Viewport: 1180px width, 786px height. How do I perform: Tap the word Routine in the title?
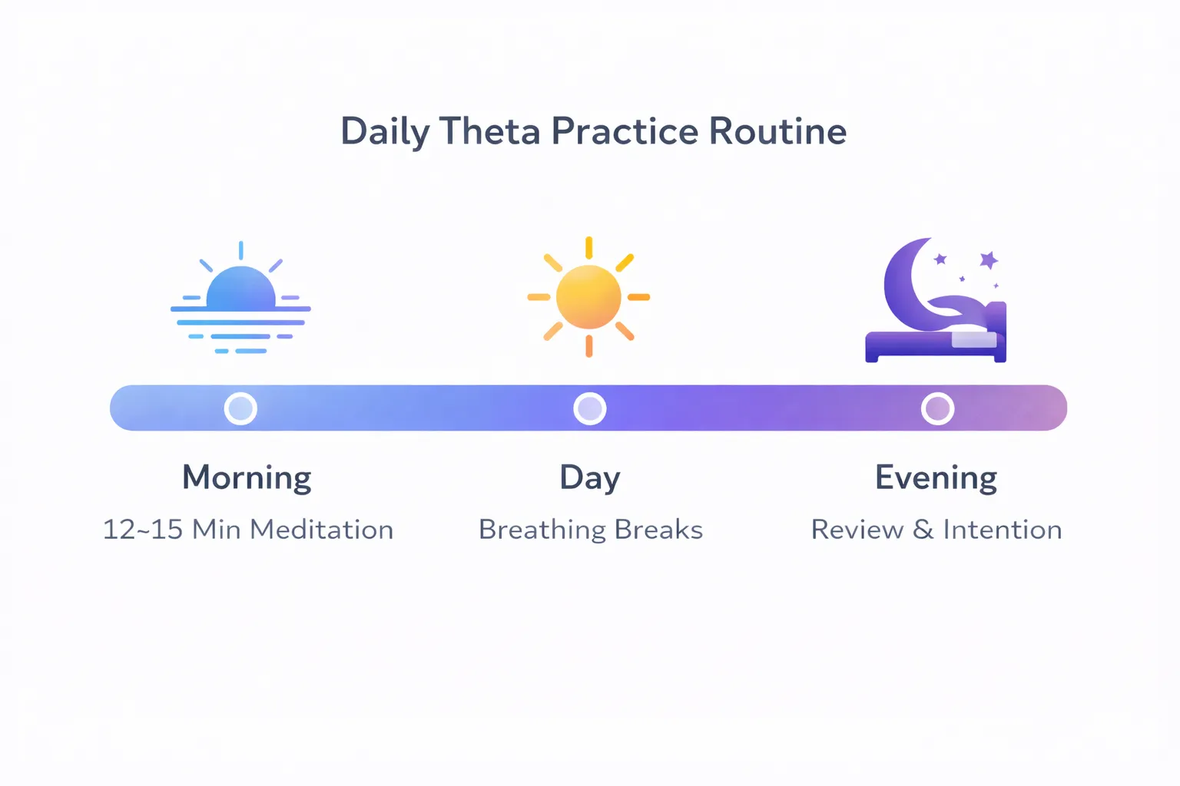777,131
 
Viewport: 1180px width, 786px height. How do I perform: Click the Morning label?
247,477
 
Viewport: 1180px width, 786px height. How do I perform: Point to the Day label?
589,479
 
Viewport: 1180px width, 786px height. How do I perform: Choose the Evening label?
936,477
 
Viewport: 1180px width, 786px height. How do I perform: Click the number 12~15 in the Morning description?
142,530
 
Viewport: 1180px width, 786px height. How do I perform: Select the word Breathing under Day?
542,530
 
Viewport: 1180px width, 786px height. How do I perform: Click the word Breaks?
658,530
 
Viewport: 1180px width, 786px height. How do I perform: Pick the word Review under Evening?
857,530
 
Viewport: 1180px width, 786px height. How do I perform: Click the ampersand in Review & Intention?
923,530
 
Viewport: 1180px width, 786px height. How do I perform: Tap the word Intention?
1002,530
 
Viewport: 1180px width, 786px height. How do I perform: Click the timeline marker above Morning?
240,408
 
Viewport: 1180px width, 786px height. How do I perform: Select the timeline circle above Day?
590,408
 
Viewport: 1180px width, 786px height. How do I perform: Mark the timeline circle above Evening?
937,408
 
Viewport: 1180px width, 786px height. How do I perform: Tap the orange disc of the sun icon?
588,297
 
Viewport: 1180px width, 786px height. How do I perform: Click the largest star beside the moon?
989,260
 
